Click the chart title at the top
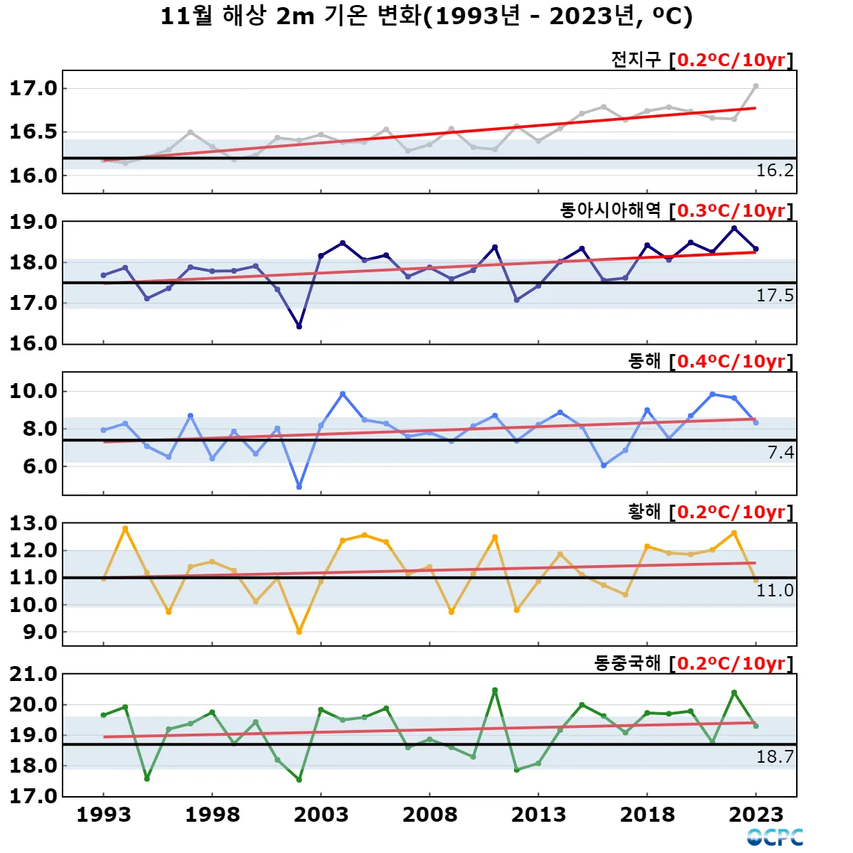pos(426,16)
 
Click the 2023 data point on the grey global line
pos(756,86)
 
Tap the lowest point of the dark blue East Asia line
pos(299,326)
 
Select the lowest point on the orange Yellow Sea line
pos(299,631)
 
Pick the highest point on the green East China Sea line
pos(495,690)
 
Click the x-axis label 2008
pos(429,815)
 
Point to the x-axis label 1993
pos(104,815)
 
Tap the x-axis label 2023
pos(756,815)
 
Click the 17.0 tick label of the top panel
pos(33,88)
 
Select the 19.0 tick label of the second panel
pos(33,222)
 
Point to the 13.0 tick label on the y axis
pos(33,523)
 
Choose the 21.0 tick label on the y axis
pos(33,674)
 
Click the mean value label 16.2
pos(774,171)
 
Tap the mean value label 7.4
pos(780,453)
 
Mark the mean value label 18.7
pos(774,757)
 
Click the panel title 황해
pos(645,512)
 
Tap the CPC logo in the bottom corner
pos(775,837)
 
